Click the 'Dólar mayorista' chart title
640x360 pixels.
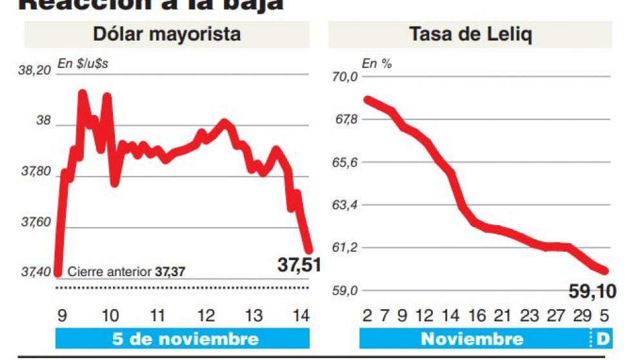coord(166,34)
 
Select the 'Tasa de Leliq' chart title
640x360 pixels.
coord(470,34)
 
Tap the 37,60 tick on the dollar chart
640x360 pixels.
coord(36,223)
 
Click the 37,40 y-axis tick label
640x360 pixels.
coord(36,272)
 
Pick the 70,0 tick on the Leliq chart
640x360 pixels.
coord(345,77)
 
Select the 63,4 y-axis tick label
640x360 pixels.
coord(345,205)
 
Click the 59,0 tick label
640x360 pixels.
coord(345,291)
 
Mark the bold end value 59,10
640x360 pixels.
coord(592,291)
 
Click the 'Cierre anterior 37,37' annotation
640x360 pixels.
coord(126,272)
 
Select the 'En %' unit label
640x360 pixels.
coord(377,63)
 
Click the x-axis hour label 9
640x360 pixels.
coord(62,316)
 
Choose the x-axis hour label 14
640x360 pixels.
coord(301,316)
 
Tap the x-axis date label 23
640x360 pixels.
coord(528,316)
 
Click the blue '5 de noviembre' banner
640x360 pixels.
coord(185,339)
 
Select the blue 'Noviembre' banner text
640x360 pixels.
coord(472,339)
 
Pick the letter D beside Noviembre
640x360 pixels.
coord(603,339)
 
